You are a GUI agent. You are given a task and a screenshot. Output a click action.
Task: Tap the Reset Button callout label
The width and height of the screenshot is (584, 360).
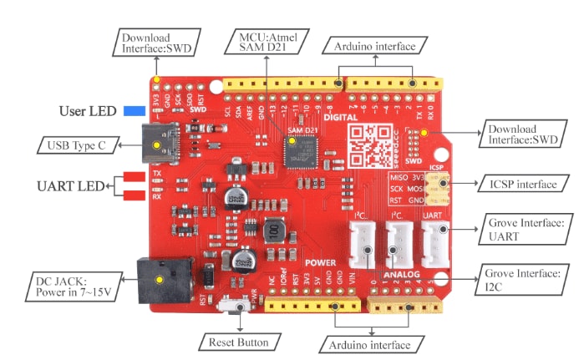click(238, 342)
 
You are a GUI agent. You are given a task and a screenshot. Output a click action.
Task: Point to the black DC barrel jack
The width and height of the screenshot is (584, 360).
click(163, 279)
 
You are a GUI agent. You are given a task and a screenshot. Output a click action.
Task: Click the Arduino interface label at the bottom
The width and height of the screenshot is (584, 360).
click(368, 344)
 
